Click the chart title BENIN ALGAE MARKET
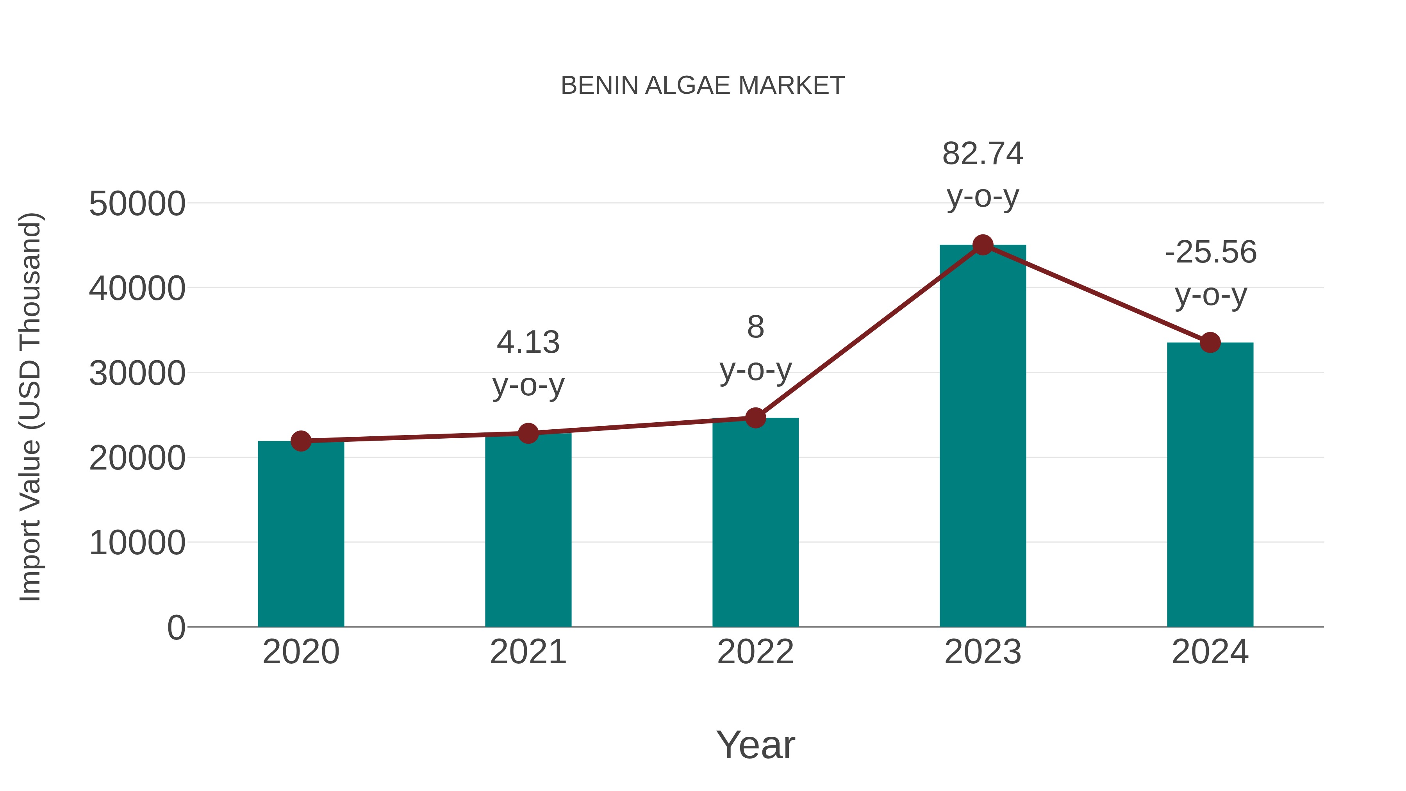(703, 86)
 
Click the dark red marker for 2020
(301, 441)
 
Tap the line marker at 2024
(1210, 343)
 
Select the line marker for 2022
(755, 418)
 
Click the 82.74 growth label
(983, 154)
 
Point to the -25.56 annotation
(1210, 252)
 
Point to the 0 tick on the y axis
(176, 627)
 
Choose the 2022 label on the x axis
(755, 652)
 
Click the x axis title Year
(755, 745)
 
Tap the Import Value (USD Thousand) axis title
(30, 407)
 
